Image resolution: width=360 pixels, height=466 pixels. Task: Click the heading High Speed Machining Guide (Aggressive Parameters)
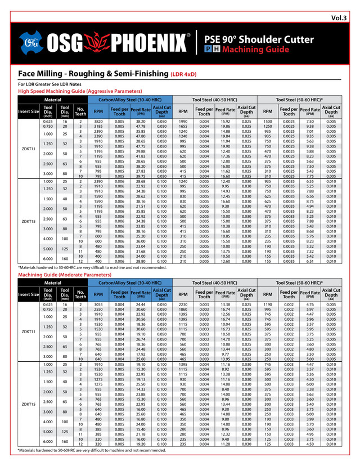tap(90, 91)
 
